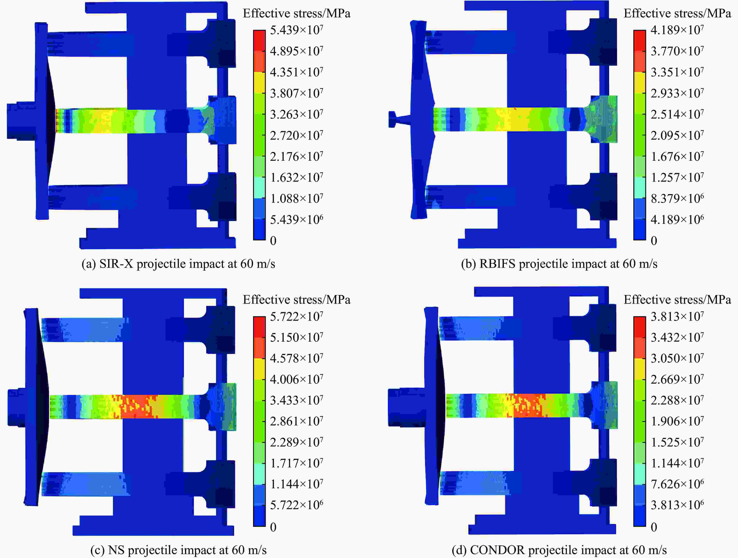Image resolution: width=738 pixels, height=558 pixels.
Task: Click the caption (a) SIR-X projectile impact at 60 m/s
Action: (178, 264)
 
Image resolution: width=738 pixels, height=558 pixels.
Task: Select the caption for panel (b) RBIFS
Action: (559, 264)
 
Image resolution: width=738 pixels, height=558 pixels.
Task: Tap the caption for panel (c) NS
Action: (178, 550)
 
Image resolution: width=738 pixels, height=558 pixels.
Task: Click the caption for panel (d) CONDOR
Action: (559, 550)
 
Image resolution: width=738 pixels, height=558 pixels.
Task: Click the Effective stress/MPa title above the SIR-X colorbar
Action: (297, 13)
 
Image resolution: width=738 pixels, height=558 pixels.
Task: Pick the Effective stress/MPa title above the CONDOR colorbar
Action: (677, 300)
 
